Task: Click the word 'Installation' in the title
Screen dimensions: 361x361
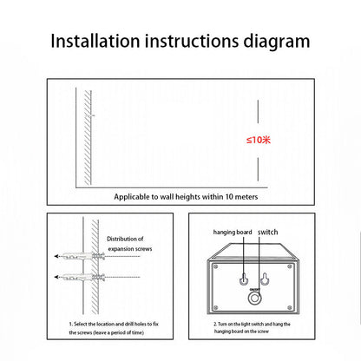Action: tap(95, 41)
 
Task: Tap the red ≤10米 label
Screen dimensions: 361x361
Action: tap(259, 140)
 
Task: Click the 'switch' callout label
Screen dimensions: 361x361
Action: tap(268, 232)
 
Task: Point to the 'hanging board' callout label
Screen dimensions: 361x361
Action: tap(233, 233)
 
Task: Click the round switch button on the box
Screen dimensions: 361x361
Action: tap(254, 299)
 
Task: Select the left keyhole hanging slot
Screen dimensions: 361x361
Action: tap(244, 279)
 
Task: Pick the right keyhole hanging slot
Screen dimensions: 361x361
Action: tap(264, 279)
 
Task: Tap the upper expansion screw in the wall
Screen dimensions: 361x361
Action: tap(83, 256)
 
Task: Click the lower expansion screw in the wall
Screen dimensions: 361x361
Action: tap(83, 277)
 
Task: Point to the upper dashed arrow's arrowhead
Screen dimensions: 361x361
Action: tap(56, 256)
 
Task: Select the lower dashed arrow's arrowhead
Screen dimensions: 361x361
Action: tap(56, 277)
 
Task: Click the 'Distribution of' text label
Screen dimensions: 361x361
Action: tap(125, 239)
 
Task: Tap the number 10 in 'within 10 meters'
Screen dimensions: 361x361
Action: tap(229, 197)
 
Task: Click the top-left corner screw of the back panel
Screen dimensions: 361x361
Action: tap(215, 266)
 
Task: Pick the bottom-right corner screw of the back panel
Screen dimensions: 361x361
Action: tap(290, 307)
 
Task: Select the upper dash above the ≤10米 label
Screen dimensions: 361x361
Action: tap(258, 112)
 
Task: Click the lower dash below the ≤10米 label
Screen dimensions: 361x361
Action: tap(258, 169)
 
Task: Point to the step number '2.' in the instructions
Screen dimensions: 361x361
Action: tap(215, 325)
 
